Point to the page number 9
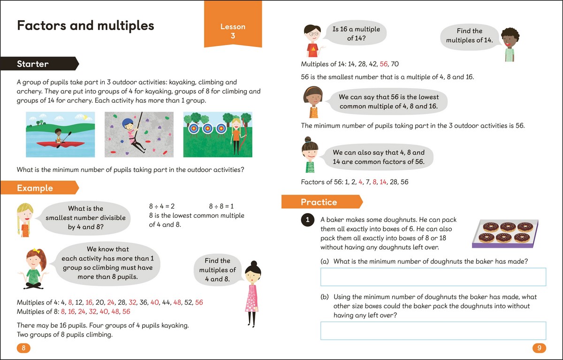click(539, 348)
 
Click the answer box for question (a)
click(433, 277)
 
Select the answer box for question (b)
click(433, 330)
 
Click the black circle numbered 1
click(307, 220)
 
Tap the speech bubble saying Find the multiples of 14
click(469, 36)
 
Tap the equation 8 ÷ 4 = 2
click(162, 206)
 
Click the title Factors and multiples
click(85, 25)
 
